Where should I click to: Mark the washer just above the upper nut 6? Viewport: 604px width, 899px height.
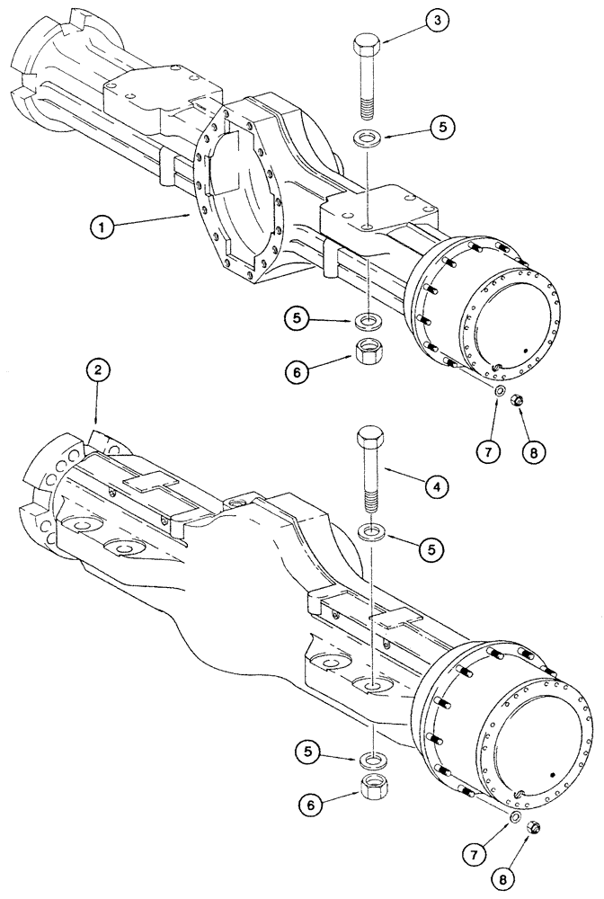[368, 320]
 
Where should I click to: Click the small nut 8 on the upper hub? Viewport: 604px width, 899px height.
[519, 401]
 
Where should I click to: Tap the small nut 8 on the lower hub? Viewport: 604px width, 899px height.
[529, 827]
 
